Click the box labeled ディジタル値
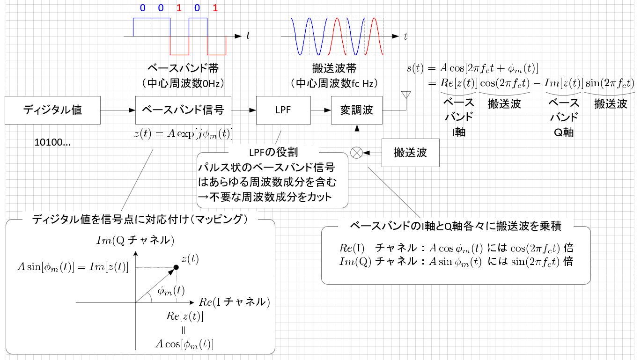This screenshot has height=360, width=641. (52, 110)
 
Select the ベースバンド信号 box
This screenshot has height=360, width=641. (183, 110)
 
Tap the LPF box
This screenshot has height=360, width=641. (283, 110)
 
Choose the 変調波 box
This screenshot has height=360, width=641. (357, 110)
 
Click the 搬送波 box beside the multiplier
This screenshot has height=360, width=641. (410, 153)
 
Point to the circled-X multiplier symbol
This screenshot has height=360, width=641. (357, 153)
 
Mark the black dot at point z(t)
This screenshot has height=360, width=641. (176, 267)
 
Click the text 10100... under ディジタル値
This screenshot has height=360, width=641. (52, 142)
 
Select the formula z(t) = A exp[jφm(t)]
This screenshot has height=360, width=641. (183, 134)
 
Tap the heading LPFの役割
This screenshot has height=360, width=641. (273, 152)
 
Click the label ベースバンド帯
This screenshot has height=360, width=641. (183, 68)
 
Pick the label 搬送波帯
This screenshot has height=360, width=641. (334, 68)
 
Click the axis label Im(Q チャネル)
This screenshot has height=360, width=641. (135, 240)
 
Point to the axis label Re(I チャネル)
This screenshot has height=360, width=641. (235, 302)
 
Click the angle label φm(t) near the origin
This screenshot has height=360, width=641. (171, 291)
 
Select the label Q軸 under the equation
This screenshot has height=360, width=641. (563, 132)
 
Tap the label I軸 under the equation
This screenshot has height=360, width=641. (458, 132)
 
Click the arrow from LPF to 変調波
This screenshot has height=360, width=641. (321, 110)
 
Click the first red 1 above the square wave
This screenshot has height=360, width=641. (179, 8)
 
